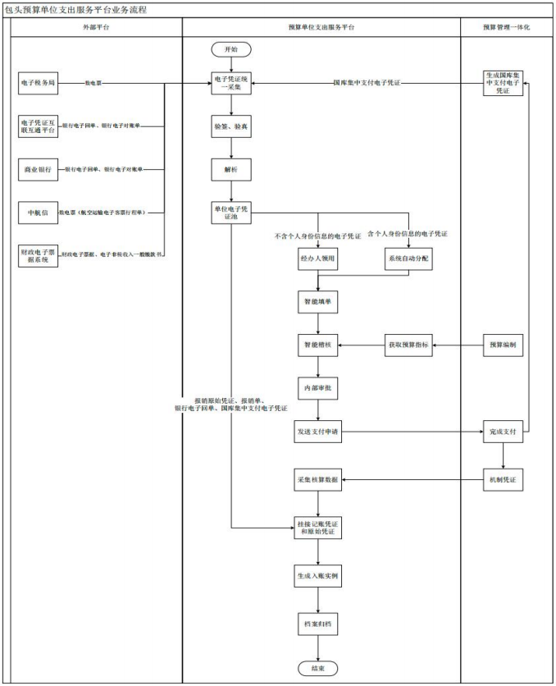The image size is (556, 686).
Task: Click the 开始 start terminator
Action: point(231,49)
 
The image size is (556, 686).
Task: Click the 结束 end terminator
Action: point(317,668)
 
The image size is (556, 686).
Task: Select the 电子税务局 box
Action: point(38,83)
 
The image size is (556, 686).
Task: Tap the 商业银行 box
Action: point(38,169)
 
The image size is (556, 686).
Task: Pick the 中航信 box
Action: point(38,213)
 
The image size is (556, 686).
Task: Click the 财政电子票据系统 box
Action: point(38,255)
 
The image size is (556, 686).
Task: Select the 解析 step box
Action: point(231,169)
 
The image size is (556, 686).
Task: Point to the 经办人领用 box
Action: point(317,258)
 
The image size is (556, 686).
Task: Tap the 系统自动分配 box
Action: point(408,258)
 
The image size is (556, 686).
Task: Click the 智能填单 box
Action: point(317,301)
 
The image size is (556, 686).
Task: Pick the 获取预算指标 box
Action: point(408,345)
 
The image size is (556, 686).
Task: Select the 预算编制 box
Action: point(502,345)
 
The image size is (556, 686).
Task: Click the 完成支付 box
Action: point(502,431)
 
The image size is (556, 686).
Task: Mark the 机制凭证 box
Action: point(502,478)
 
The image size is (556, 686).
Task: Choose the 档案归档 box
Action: point(317,624)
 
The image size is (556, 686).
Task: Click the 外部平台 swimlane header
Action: point(96,27)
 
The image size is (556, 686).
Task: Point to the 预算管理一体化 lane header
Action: point(507,27)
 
